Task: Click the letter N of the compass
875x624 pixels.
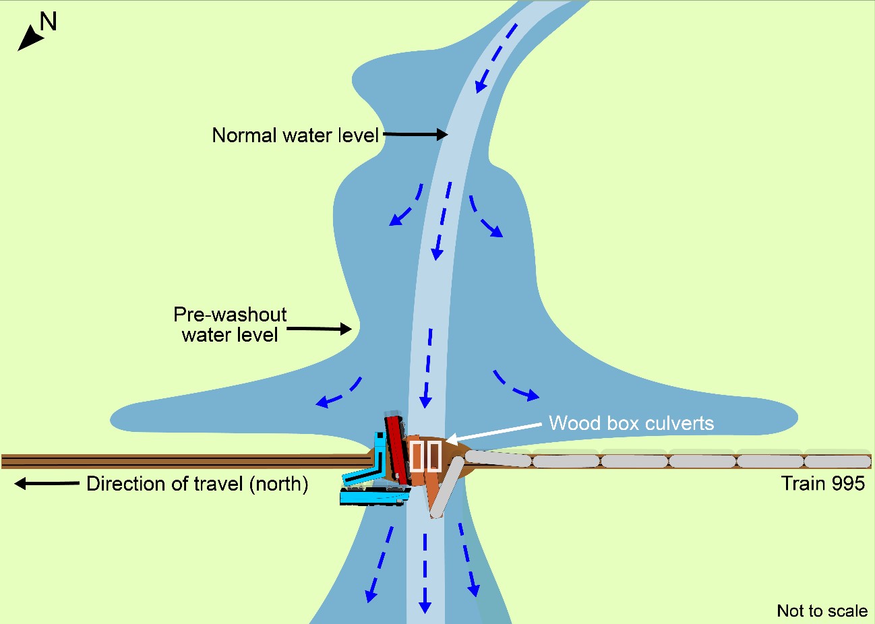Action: pyautogui.click(x=49, y=22)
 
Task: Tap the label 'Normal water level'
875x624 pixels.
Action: pyautogui.click(x=295, y=135)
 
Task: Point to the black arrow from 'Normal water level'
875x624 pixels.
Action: pyautogui.click(x=415, y=135)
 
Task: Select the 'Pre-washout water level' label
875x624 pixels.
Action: pyautogui.click(x=230, y=325)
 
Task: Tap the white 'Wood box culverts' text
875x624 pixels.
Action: pyautogui.click(x=631, y=423)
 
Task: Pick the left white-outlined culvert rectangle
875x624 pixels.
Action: pyautogui.click(x=417, y=456)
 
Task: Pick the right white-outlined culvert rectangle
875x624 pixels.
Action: pyautogui.click(x=434, y=456)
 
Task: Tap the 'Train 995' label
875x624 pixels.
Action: pyautogui.click(x=822, y=483)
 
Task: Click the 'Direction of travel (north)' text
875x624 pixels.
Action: pyautogui.click(x=197, y=484)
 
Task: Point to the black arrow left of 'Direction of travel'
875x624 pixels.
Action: pyautogui.click(x=46, y=483)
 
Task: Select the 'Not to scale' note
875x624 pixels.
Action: pyautogui.click(x=822, y=611)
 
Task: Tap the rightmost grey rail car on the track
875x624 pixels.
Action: pyautogui.click(x=837, y=462)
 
